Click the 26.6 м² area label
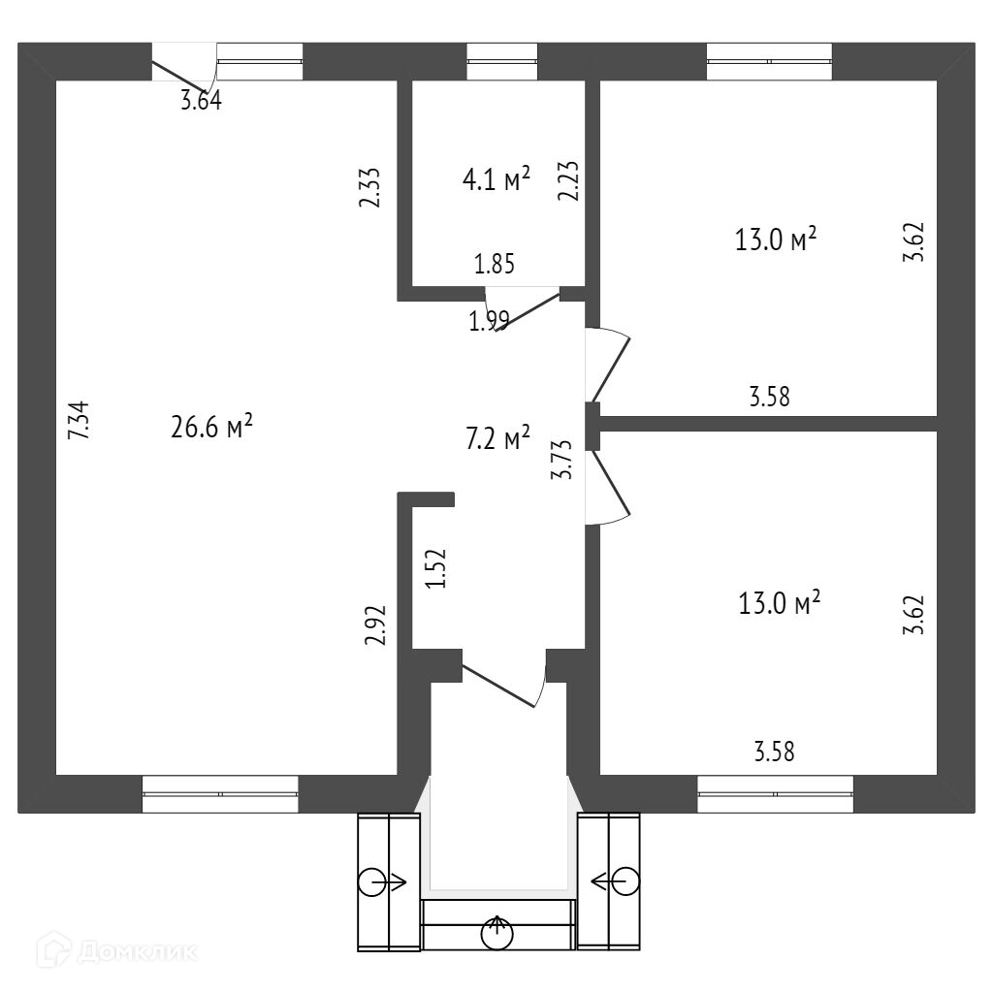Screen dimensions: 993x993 211,428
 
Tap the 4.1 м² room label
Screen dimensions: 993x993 496,179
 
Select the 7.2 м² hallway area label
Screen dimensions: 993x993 497,439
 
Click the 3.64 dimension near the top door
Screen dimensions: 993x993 201,101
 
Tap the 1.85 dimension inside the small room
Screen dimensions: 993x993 494,264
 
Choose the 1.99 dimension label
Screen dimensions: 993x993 489,322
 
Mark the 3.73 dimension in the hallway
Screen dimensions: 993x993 561,460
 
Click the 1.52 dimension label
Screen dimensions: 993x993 437,569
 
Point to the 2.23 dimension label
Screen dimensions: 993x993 569,181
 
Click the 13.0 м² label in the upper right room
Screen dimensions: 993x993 777,240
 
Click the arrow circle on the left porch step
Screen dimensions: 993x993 371,881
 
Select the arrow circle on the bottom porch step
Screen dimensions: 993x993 498,933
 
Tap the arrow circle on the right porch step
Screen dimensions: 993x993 625,881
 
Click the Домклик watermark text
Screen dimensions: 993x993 135,951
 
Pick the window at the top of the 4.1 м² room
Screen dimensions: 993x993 501,61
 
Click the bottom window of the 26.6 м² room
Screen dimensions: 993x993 220,793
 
